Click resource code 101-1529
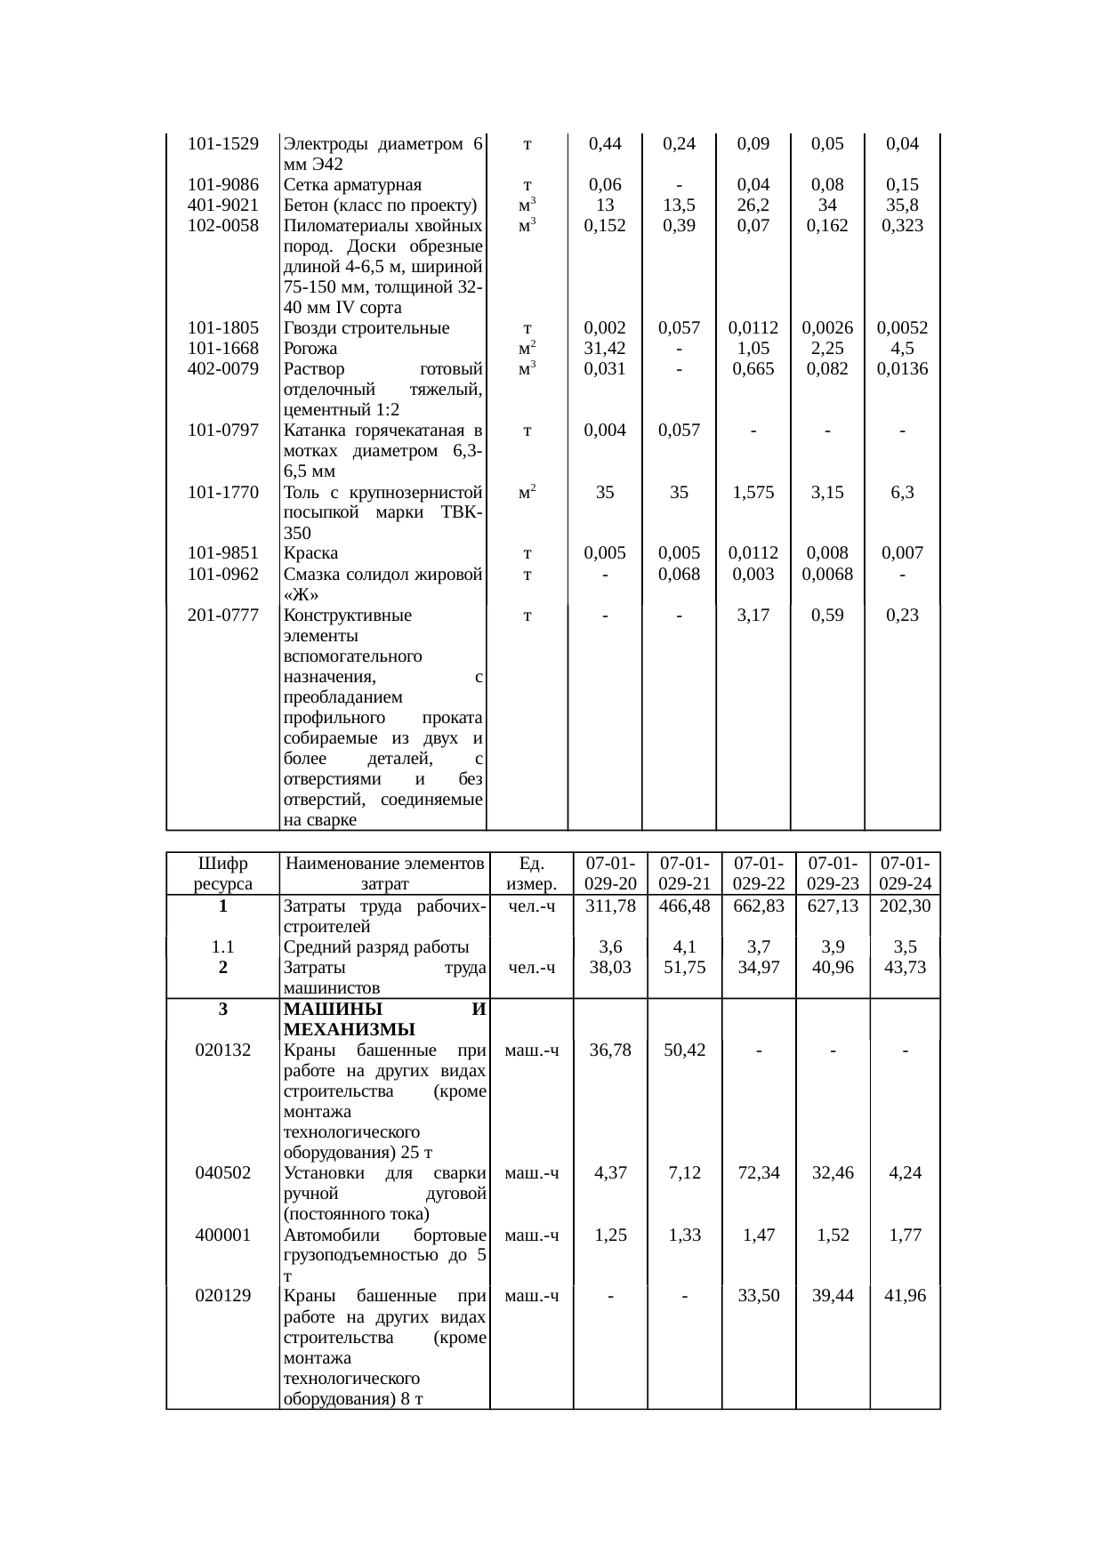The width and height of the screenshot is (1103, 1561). pyautogui.click(x=223, y=144)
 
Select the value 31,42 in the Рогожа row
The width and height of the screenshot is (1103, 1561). pyautogui.click(x=605, y=349)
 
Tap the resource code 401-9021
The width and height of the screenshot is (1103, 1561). pyautogui.click(x=223, y=205)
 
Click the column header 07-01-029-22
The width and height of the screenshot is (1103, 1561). pyautogui.click(x=759, y=873)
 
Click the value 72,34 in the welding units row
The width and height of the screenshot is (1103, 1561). pyautogui.click(x=759, y=1173)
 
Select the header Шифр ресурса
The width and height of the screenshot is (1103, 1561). pyautogui.click(x=222, y=873)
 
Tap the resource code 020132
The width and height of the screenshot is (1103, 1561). pyautogui.click(x=222, y=1050)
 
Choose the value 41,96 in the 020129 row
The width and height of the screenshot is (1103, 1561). pyautogui.click(x=905, y=1296)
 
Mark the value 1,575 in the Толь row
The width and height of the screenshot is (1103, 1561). pyautogui.click(x=753, y=492)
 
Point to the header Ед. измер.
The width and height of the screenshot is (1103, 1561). pyautogui.click(x=531, y=873)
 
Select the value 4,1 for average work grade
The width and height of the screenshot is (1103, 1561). pyautogui.click(x=685, y=947)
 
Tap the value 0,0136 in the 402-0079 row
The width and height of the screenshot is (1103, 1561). pyautogui.click(x=902, y=369)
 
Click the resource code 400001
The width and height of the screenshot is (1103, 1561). pyautogui.click(x=222, y=1235)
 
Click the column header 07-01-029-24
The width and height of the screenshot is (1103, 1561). pyautogui.click(x=905, y=873)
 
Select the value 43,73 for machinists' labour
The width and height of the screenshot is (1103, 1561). pyautogui.click(x=905, y=968)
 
